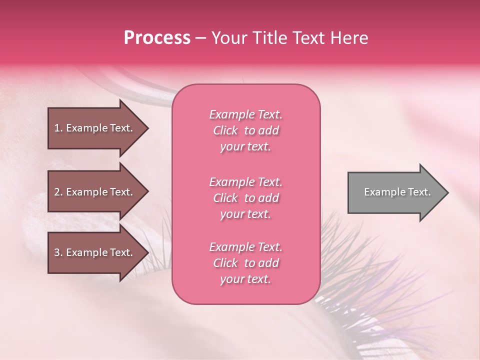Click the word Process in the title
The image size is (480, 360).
pyautogui.click(x=157, y=38)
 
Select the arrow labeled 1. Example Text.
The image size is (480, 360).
pyautogui.click(x=95, y=128)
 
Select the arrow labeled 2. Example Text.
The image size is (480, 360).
pyautogui.click(x=95, y=192)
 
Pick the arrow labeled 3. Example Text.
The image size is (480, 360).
pyautogui.click(x=95, y=252)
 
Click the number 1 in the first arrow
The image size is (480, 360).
pyautogui.click(x=57, y=128)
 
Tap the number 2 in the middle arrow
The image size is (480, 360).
pyautogui.click(x=57, y=192)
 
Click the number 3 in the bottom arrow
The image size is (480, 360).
pyautogui.click(x=57, y=252)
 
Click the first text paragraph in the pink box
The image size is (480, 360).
pyautogui.click(x=245, y=130)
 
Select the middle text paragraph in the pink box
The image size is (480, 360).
pyautogui.click(x=245, y=198)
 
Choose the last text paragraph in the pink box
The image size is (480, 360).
pyautogui.click(x=245, y=263)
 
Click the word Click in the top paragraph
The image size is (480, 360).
pyautogui.click(x=225, y=130)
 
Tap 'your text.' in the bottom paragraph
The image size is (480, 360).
pyautogui.click(x=245, y=279)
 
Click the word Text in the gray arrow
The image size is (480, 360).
pyautogui.click(x=419, y=192)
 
